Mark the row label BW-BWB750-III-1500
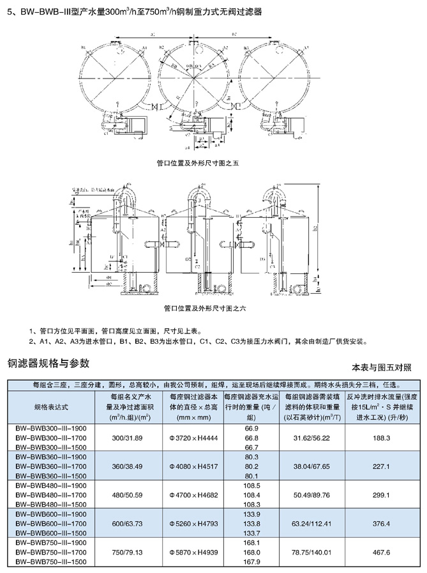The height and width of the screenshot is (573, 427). pyautogui.click(x=50, y=562)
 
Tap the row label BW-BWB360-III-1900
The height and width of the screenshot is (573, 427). pyautogui.click(x=50, y=457)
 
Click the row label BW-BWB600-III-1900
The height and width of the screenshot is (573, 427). pyautogui.click(x=50, y=514)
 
